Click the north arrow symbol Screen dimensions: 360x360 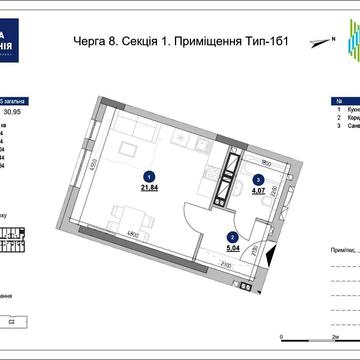coord(318,42)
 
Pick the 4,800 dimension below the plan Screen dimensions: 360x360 coord(132,235)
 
